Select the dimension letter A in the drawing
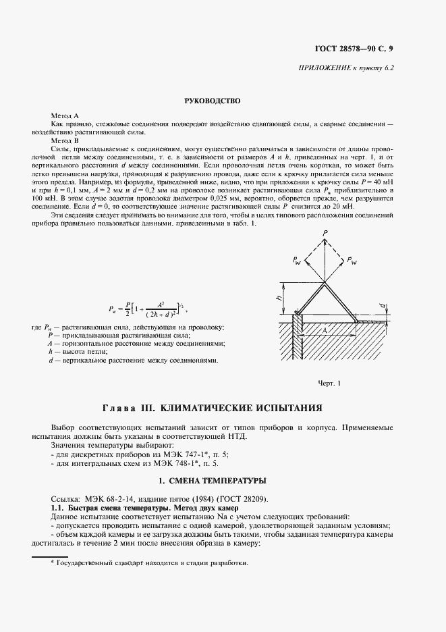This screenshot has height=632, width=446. pyautogui.click(x=325, y=331)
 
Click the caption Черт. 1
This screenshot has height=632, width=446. pyautogui.click(x=331, y=384)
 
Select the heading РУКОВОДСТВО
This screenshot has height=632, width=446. pyautogui.click(x=213, y=101)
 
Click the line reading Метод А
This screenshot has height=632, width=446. pyautogui.click(x=65, y=117)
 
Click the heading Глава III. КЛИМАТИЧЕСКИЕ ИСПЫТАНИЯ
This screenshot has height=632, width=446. pyautogui.click(x=212, y=409)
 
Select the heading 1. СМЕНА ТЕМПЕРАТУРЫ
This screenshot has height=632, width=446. pyautogui.click(x=213, y=481)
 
